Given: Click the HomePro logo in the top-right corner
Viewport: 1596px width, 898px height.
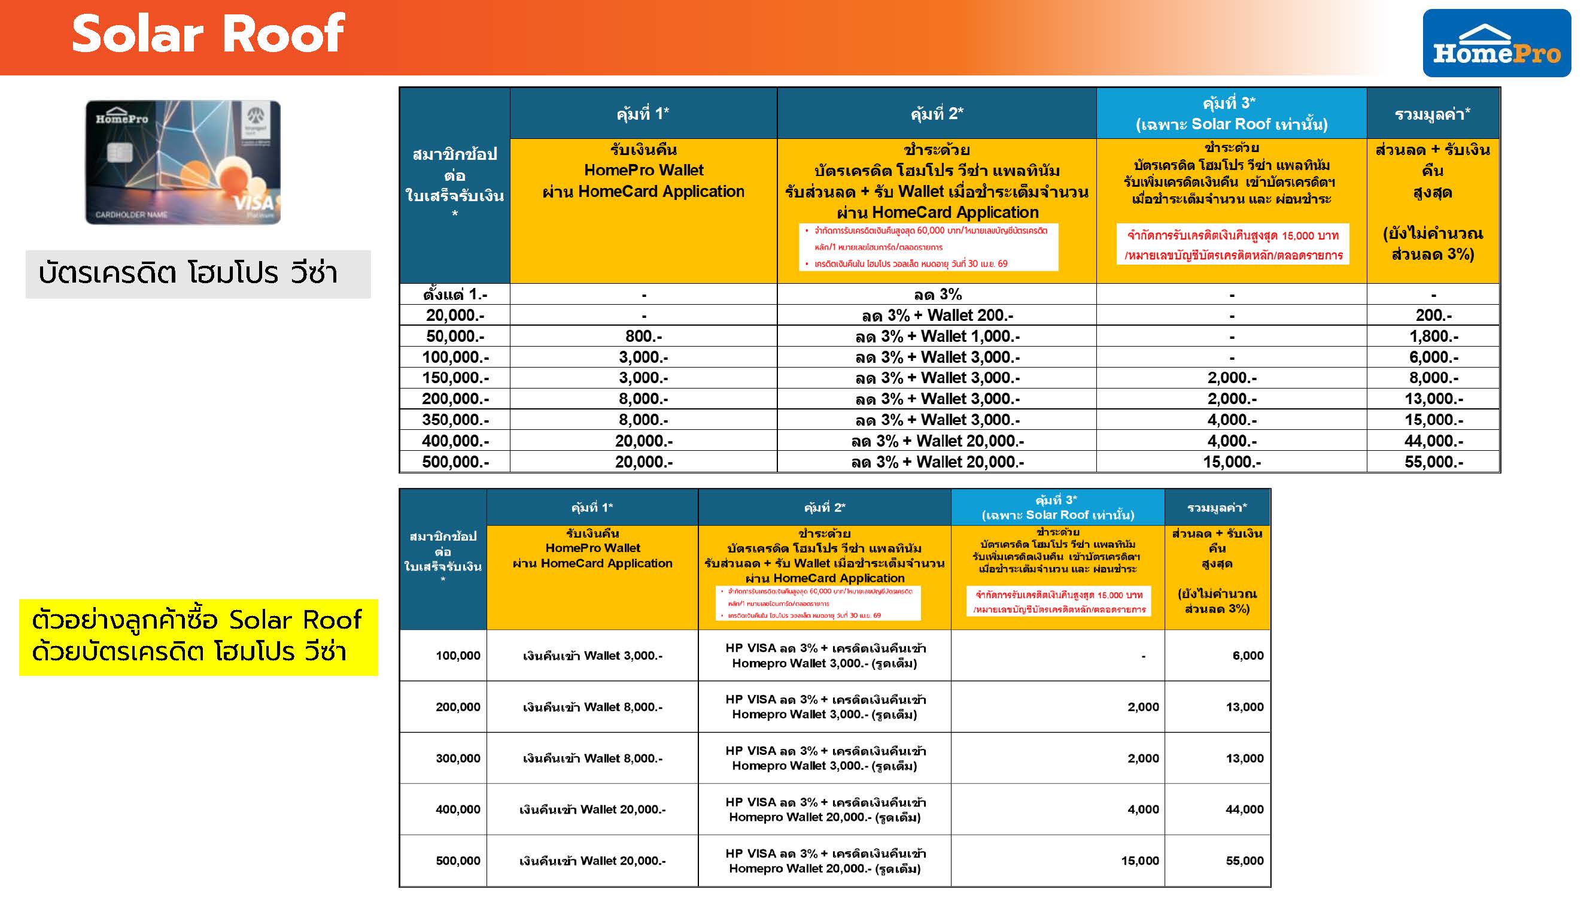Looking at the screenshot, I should pyautogui.click(x=1495, y=43).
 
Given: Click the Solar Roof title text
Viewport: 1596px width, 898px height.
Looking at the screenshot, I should pyautogui.click(x=208, y=34).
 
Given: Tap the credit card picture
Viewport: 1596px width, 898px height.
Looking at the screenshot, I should pyautogui.click(x=183, y=162).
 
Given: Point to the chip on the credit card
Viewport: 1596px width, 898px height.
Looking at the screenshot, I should pyautogui.click(x=120, y=151).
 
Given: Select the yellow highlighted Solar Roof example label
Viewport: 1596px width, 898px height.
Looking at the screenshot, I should pyautogui.click(x=198, y=636).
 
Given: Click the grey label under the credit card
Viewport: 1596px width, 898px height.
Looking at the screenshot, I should pyautogui.click(x=198, y=274).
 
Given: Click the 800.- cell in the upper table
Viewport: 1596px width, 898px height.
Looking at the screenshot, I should pyautogui.click(x=643, y=336).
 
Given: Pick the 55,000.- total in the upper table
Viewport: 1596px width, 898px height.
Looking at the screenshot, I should pyautogui.click(x=1433, y=462).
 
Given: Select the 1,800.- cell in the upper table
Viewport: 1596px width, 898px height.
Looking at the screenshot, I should pyautogui.click(x=1433, y=336).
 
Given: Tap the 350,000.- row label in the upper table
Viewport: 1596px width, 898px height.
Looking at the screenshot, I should pyautogui.click(x=455, y=420).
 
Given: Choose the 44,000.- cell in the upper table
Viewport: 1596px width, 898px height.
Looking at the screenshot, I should pyautogui.click(x=1433, y=441).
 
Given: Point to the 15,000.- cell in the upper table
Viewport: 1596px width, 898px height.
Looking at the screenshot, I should pyautogui.click(x=1231, y=462).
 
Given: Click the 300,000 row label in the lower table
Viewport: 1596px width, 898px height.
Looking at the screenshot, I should pyautogui.click(x=458, y=759).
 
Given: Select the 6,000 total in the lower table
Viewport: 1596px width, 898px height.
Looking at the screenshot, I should pyautogui.click(x=1247, y=656).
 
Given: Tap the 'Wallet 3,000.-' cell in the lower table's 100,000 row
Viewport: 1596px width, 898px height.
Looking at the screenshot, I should pyautogui.click(x=592, y=656).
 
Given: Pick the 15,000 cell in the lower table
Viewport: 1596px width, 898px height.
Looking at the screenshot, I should pyautogui.click(x=1139, y=861).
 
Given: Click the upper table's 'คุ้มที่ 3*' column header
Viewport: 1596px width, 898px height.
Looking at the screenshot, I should pyautogui.click(x=1231, y=113).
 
